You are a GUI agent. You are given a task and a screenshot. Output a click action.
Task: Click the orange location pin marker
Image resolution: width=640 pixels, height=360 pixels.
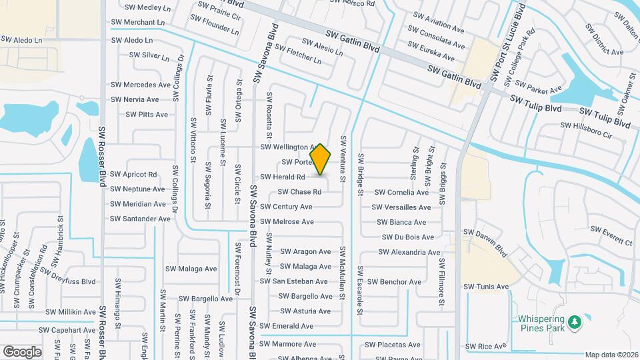[x=321, y=160]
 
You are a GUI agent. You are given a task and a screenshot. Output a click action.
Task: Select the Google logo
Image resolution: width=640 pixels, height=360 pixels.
[x=22, y=351]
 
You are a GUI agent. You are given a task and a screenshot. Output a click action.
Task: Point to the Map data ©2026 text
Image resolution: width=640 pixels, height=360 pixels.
[x=612, y=355]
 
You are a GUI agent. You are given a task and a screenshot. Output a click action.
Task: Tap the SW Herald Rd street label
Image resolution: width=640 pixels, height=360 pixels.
[x=282, y=177]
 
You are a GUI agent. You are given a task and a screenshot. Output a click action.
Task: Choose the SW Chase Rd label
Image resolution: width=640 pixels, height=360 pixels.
[x=299, y=192]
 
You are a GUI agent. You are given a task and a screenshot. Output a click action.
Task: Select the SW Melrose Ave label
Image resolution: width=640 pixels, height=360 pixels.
[x=287, y=222]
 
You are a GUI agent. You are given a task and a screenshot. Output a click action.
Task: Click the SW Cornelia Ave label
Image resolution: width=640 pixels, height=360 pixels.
[x=403, y=193]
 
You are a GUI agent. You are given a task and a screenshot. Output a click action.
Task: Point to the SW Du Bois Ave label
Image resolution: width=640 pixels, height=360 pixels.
[x=408, y=237]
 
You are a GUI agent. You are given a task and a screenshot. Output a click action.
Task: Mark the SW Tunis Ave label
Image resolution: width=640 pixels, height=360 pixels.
[x=486, y=287]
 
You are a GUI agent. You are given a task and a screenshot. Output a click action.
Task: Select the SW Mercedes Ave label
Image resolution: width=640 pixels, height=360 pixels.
[x=141, y=85]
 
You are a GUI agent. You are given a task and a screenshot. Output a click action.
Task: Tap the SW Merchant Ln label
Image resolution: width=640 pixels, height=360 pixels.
[x=138, y=23]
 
